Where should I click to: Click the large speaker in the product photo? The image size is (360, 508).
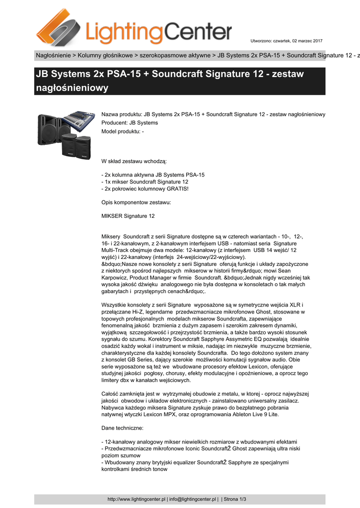50,129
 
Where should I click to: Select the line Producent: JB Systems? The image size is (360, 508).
130,123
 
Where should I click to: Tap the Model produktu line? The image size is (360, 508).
123,131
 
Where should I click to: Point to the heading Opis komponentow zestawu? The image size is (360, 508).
136,202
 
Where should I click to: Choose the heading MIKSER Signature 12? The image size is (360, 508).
128,216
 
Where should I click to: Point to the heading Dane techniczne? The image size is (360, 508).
122,428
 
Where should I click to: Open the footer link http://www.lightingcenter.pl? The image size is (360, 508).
137,499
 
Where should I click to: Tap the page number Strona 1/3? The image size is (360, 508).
235,499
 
